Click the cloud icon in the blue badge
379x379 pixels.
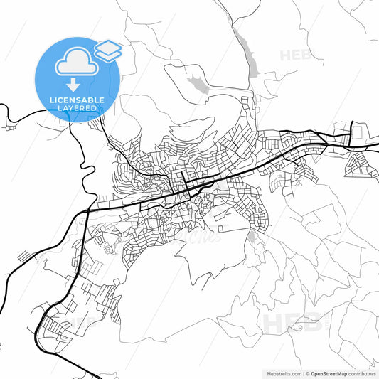click(74, 63)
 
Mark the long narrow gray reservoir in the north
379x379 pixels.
click(247, 54)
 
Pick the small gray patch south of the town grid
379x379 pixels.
click(252, 239)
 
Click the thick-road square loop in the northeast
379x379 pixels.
click(342, 133)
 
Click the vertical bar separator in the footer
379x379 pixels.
click(301, 373)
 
